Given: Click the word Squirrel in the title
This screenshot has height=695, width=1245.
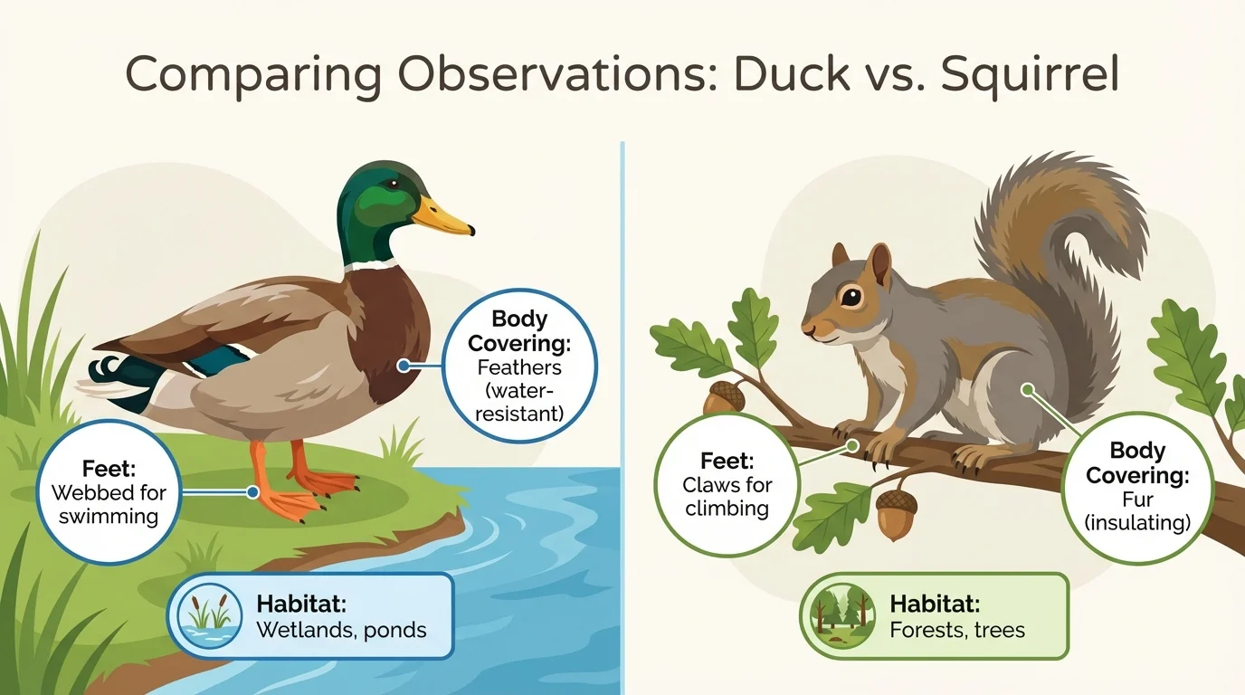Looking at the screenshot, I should click(1030, 76).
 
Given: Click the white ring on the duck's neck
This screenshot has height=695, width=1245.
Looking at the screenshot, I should click(370, 265).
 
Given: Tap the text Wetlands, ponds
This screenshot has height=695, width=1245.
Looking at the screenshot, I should click(341, 630).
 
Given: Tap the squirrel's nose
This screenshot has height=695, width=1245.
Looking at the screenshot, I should click(805, 330).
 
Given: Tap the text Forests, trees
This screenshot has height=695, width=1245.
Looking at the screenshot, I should click(957, 630).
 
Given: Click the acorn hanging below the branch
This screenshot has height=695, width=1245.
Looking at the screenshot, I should click(894, 515).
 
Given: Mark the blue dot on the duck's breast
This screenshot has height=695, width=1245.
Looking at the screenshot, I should click(403, 367).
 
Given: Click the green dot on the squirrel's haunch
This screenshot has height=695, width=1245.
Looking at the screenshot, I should click(1027, 390).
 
